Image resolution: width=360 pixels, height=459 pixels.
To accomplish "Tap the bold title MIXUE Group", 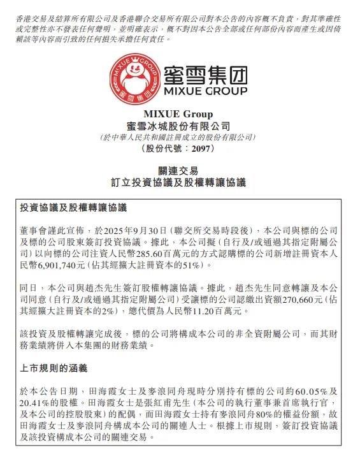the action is [179, 115].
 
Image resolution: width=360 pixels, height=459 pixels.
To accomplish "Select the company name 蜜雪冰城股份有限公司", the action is [179, 126].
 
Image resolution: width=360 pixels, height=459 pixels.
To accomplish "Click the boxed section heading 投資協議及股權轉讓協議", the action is [74, 208].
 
